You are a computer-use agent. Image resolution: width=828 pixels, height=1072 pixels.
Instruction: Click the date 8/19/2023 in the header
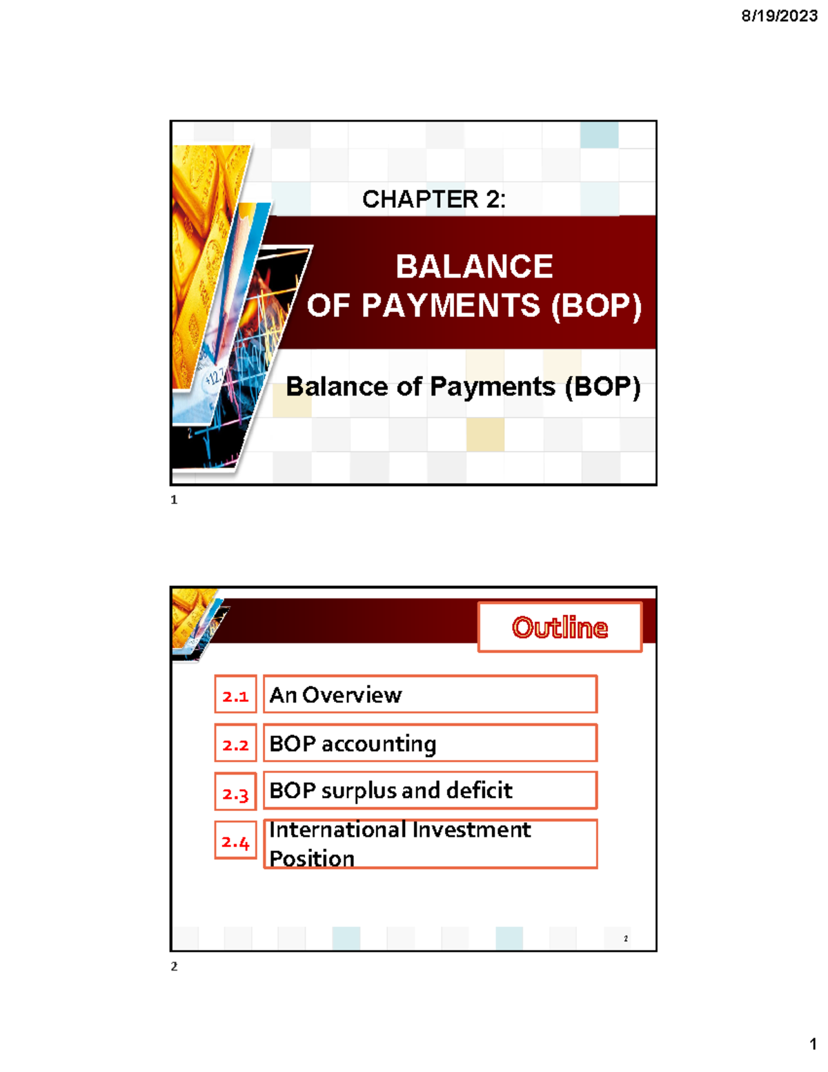(x=779, y=16)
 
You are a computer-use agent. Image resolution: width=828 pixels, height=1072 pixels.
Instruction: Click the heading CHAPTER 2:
(x=434, y=199)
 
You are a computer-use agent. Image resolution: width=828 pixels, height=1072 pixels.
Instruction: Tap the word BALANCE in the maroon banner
(x=474, y=266)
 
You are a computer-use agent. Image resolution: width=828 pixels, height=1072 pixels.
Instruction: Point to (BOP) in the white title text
(x=596, y=306)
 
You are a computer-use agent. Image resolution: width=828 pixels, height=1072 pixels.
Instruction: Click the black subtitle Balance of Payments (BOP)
(x=463, y=387)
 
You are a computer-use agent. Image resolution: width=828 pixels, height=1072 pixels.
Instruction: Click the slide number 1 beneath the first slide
(x=174, y=500)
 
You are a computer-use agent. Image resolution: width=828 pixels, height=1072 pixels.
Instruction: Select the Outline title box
(x=560, y=627)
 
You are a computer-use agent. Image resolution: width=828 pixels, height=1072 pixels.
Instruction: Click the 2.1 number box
(x=235, y=695)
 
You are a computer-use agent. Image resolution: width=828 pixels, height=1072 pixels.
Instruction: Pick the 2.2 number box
(x=235, y=744)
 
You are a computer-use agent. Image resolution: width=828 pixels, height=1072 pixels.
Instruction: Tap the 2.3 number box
(x=235, y=792)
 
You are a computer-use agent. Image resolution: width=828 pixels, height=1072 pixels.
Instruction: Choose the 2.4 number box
(x=235, y=841)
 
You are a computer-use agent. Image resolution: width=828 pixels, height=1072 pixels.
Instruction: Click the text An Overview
(x=335, y=695)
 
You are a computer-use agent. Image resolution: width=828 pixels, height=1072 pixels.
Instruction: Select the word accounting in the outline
(x=379, y=744)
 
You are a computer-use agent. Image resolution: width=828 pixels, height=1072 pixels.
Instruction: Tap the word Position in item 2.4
(x=312, y=858)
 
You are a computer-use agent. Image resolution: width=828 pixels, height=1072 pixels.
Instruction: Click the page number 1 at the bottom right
(x=813, y=1044)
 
